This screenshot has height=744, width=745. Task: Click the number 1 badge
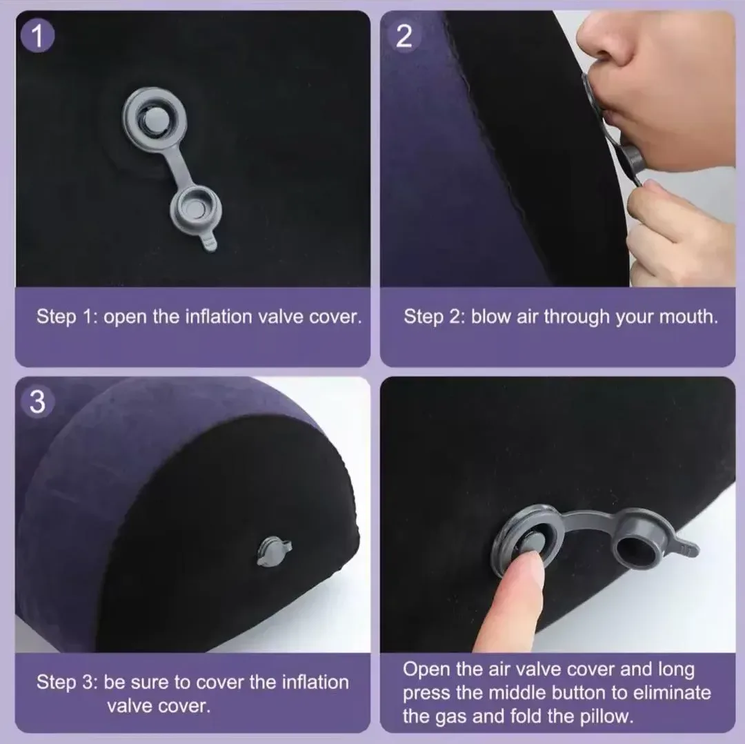click(37, 36)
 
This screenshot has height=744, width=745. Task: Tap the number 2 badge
click(404, 36)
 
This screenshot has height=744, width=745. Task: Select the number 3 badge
click(37, 402)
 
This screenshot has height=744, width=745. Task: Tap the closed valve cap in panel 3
click(274, 551)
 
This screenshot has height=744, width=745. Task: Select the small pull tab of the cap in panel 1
click(210, 241)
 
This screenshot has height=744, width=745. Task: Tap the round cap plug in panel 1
click(196, 209)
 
